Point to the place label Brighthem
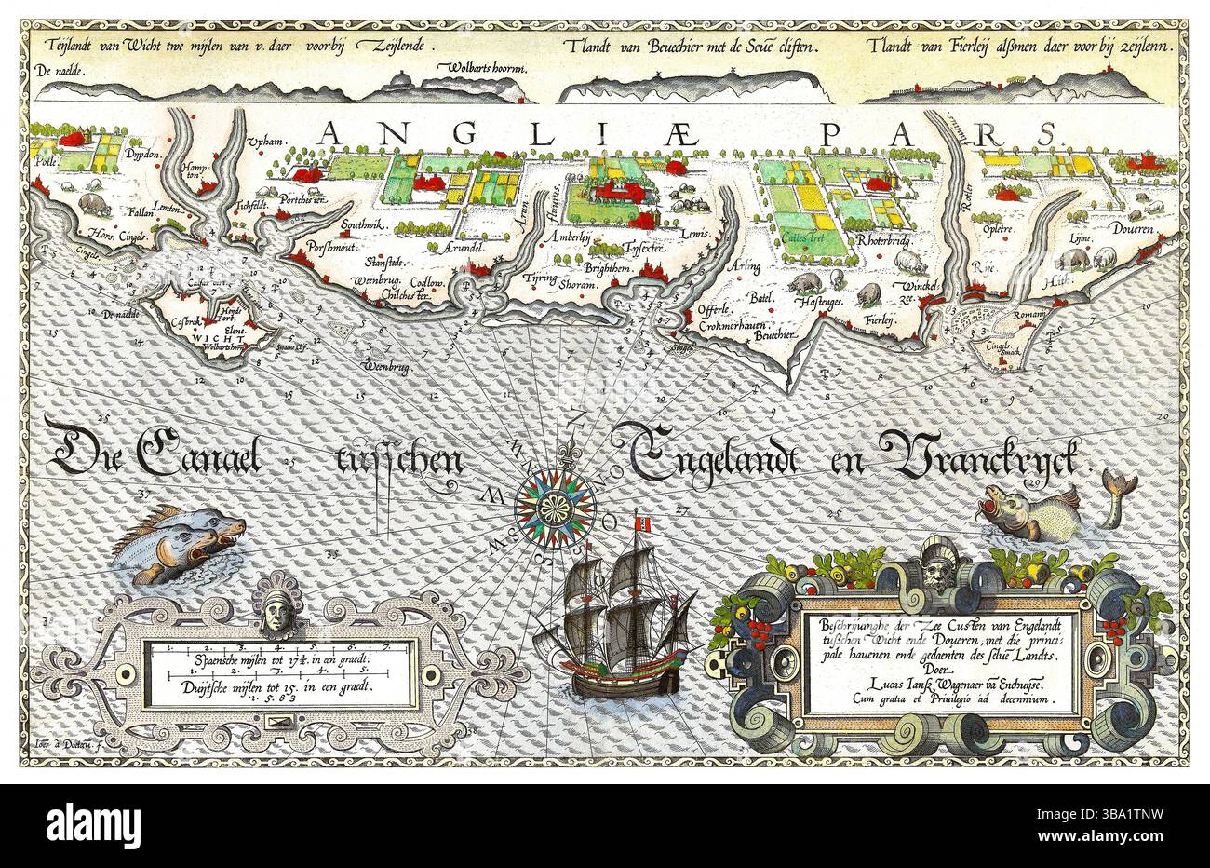[x=609, y=268]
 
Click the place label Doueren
[x=1131, y=228]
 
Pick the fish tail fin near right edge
[x=1118, y=482]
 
